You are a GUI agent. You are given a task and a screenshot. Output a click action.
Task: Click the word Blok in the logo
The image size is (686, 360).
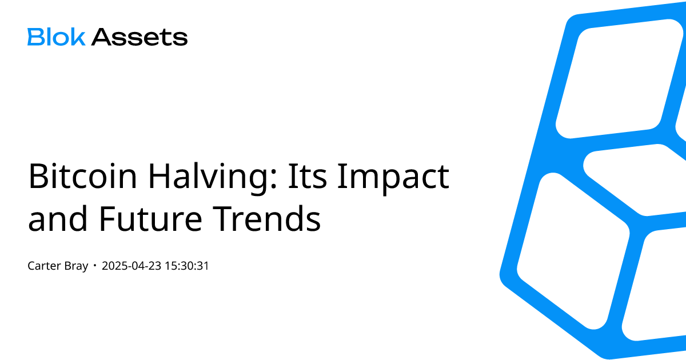click(56, 37)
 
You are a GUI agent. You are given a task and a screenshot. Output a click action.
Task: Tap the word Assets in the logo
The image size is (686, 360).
click(139, 37)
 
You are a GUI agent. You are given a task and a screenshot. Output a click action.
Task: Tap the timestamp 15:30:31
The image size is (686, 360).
click(186, 266)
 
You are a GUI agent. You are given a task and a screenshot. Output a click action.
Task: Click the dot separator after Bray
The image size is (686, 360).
click(95, 266)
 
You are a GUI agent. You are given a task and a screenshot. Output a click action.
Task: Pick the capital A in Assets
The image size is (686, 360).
click(101, 37)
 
